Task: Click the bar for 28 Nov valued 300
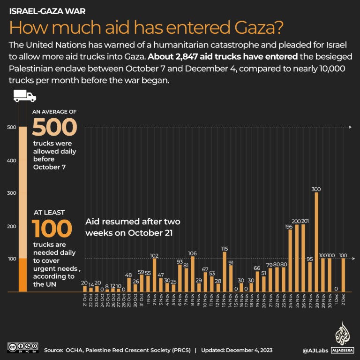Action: pos(316,242)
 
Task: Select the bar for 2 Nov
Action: pos(154,275)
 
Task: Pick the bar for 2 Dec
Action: pos(343,275)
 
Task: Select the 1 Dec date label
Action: pos(337,300)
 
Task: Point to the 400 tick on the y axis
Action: pos(10,161)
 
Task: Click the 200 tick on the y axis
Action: pos(10,226)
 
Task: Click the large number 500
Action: pos(54,127)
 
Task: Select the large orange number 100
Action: pos(52,229)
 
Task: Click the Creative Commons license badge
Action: pos(22,348)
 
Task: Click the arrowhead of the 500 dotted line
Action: pos(352,127)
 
